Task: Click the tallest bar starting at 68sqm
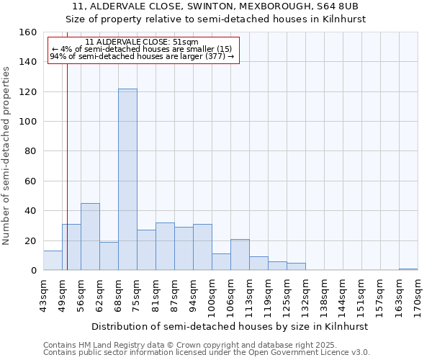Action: (x=127, y=179)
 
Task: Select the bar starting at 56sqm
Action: (x=90, y=237)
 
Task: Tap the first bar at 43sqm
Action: (x=53, y=261)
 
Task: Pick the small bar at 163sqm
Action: (x=408, y=269)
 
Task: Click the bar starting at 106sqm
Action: (x=240, y=255)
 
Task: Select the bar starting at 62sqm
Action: (x=109, y=256)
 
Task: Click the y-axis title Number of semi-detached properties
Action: (x=7, y=155)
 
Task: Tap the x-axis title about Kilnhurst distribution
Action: (x=230, y=326)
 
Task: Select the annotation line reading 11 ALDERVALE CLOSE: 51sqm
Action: (x=141, y=42)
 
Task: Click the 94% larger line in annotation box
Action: (x=141, y=56)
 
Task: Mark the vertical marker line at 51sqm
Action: (x=67, y=180)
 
